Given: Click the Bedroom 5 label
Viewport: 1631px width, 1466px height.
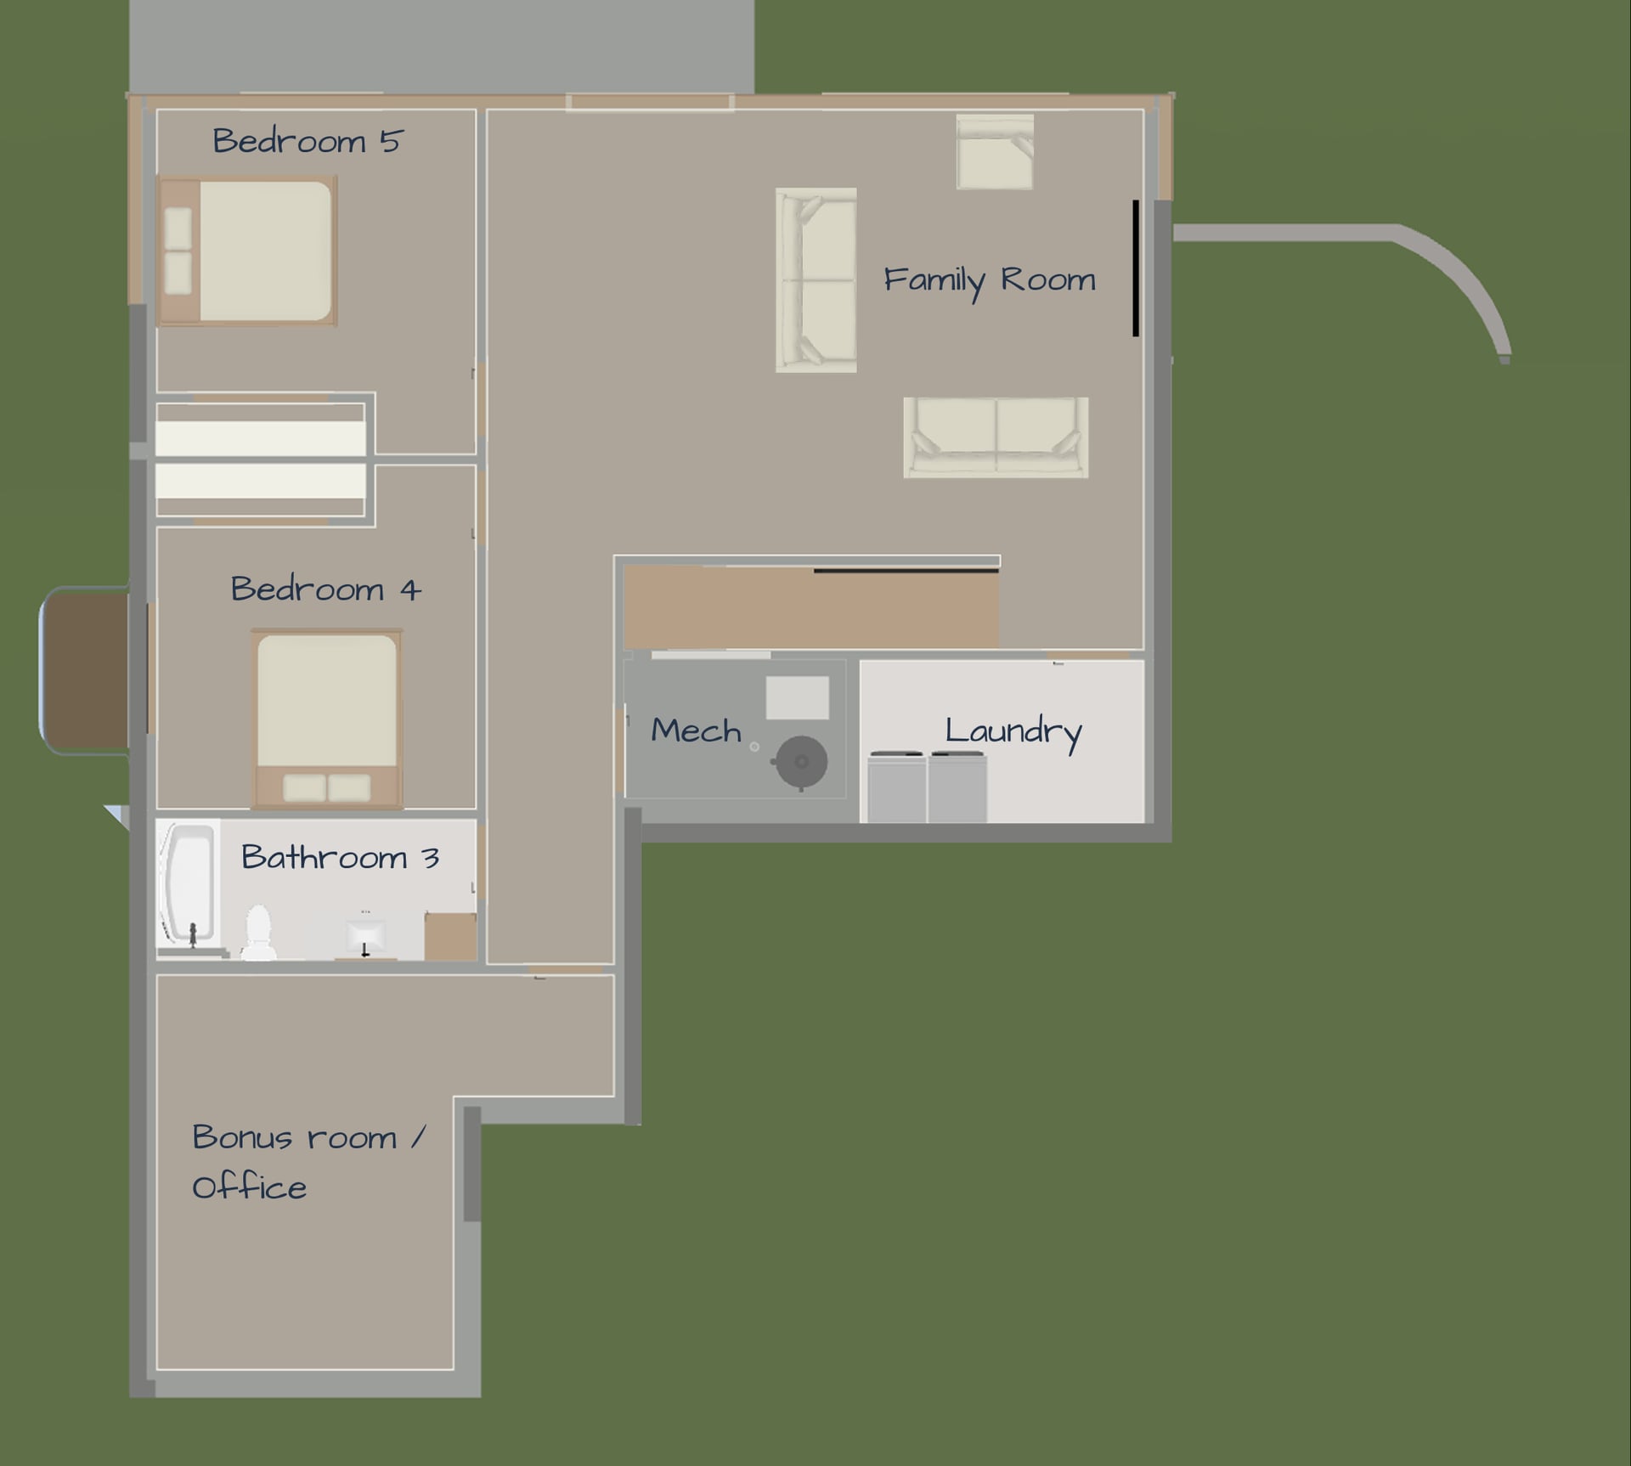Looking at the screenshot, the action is [x=307, y=141].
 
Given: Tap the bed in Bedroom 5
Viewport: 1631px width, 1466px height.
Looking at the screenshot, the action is [x=247, y=251].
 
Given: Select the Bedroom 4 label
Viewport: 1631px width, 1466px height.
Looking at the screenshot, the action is [x=326, y=589].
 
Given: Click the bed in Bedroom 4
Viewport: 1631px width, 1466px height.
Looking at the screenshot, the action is [x=327, y=719].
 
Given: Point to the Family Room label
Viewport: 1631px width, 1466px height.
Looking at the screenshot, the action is [x=990, y=281].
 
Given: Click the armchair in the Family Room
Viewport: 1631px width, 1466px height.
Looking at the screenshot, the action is [x=995, y=152].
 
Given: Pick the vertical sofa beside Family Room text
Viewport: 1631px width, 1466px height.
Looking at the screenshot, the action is [x=815, y=280].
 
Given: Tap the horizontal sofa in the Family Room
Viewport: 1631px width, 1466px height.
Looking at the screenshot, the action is [x=996, y=437].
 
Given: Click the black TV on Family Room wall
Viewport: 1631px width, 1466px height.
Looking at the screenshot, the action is [x=1136, y=268].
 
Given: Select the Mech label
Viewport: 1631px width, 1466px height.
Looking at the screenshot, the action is [x=696, y=730].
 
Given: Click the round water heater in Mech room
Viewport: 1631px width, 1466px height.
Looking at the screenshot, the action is [x=800, y=763].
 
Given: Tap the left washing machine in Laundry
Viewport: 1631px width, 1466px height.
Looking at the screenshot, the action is [x=897, y=787].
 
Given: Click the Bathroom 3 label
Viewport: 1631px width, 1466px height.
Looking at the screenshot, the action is [x=340, y=857].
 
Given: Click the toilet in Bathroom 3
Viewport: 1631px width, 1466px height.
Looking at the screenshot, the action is [x=258, y=932].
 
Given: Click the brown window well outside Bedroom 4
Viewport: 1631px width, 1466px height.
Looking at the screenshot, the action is [x=85, y=670].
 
